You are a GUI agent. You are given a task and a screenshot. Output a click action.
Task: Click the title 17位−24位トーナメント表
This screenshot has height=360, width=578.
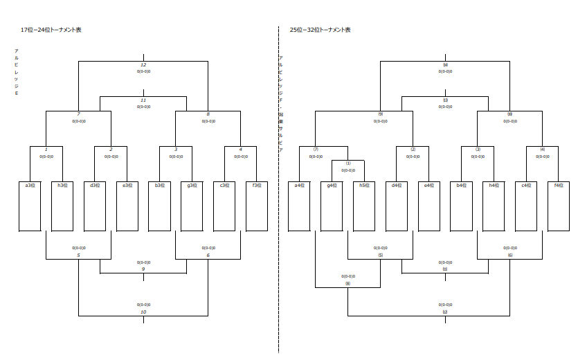coord(52,30)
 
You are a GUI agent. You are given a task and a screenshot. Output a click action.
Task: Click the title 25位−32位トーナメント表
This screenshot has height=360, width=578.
coord(320,30)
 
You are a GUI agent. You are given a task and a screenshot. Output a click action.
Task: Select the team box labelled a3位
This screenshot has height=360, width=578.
coord(30,206)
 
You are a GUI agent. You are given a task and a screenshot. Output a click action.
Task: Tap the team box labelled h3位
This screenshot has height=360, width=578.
coord(62,206)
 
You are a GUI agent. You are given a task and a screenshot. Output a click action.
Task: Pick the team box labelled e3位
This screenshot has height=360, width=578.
coord(127,206)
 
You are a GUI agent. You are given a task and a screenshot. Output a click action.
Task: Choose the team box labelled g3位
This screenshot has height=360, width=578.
coord(192,206)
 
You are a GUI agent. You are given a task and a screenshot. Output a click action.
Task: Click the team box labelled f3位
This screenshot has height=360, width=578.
coord(257,206)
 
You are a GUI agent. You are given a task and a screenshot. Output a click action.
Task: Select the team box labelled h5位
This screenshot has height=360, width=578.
coord(364,206)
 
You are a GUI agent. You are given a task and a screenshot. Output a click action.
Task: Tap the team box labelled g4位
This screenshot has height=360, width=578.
coord(332,206)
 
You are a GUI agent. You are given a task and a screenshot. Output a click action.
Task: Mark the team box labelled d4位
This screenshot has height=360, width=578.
coord(397,206)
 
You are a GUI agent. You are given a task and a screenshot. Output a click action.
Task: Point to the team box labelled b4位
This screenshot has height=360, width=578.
coord(461,206)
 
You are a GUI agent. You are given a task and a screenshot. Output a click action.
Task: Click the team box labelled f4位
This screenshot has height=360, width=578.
coord(559,206)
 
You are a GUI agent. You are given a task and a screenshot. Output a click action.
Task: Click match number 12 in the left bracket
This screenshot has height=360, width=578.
coord(143,65)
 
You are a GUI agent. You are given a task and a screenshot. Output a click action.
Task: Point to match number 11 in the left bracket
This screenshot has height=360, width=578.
coord(143,100)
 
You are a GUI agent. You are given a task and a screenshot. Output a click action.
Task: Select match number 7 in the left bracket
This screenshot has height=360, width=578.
coord(79,114)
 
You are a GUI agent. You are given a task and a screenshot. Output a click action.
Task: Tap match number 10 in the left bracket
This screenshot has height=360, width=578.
coord(143,312)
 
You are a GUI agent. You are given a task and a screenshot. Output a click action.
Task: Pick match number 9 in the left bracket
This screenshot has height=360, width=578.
coord(143,269)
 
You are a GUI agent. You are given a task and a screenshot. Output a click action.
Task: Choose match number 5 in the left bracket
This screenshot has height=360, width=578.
coord(79,255)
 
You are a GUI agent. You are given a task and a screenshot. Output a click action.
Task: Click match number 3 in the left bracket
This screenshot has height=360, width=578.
coord(176,150)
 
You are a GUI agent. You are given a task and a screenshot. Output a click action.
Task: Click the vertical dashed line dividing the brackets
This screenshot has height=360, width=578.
coord(279,208)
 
